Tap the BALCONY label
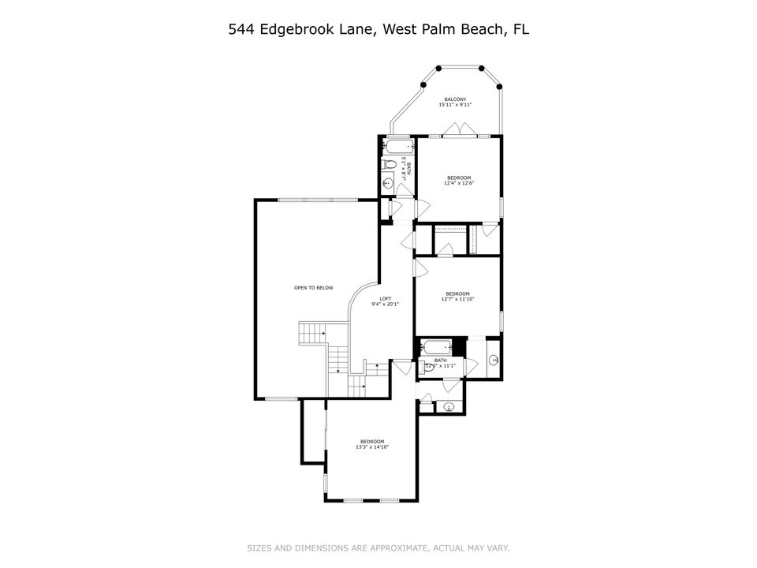pos(454,99)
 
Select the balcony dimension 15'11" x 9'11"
pos(455,105)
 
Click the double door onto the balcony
pos(459,130)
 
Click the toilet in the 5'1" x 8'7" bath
pos(389,165)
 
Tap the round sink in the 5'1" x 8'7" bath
pos(388,183)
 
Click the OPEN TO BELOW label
pos(313,288)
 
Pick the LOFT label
pos(386,298)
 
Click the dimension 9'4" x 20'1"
pos(386,305)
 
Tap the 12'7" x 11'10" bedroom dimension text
pos(458,300)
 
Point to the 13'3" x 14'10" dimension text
pos(372,447)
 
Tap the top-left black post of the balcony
pos(423,84)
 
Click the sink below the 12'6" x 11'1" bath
pos(449,407)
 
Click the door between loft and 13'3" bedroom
pos(402,368)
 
